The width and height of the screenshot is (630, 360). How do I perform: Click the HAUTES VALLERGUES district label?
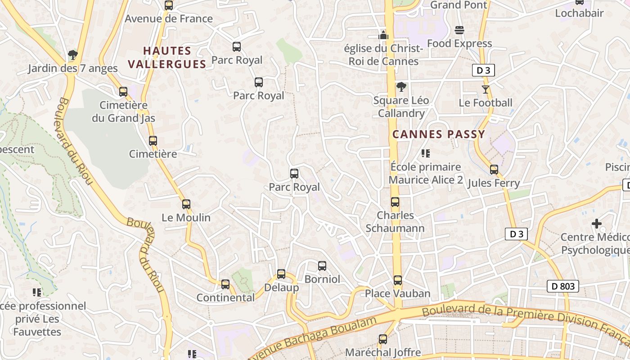(167, 57)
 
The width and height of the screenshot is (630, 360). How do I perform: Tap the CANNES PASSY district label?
(439, 134)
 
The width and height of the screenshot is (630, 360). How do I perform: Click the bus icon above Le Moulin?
(186, 204)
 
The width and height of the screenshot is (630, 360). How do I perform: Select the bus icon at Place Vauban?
(398, 280)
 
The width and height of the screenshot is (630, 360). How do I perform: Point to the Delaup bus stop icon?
(281, 274)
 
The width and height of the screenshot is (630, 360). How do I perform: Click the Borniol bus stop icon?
(322, 266)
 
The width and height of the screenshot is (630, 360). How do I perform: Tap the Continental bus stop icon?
(225, 284)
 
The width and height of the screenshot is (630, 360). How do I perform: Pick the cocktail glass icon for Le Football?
(485, 89)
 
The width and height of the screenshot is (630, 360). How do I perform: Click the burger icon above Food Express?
(459, 30)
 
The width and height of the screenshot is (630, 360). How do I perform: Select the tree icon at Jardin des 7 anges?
(72, 55)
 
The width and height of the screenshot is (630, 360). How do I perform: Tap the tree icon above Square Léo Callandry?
(401, 87)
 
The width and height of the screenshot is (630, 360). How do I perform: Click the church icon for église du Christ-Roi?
(383, 35)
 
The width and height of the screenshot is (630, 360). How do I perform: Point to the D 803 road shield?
(562, 286)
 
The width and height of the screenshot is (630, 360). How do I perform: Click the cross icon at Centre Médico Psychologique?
(597, 223)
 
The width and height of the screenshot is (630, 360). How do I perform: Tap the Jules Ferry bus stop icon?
(494, 170)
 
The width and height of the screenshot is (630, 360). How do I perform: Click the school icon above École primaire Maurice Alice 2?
(426, 153)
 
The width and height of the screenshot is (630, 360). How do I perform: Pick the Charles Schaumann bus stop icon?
(395, 202)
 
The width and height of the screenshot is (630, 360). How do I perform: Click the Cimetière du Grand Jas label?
(123, 112)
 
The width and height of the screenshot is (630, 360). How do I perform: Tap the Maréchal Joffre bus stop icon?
(383, 339)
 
